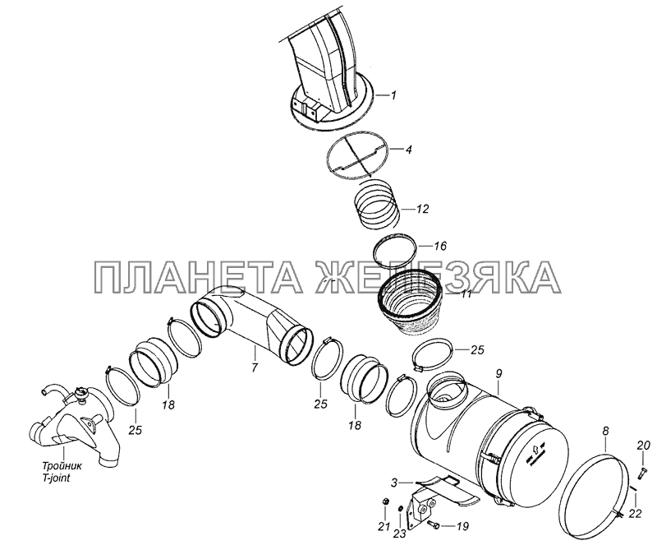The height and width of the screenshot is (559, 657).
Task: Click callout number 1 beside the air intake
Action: point(393,95)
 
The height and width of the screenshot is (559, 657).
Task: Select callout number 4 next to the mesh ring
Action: point(408,150)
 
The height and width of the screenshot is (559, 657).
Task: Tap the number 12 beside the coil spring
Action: point(423,209)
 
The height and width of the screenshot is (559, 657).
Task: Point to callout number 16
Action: point(440,246)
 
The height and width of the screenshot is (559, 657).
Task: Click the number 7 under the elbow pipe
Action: point(255,367)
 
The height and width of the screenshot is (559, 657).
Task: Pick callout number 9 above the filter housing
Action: point(498,374)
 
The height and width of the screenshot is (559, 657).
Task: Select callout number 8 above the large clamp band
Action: point(605,432)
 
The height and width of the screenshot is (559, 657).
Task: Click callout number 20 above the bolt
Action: point(644,446)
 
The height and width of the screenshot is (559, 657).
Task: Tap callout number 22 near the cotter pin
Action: point(635,513)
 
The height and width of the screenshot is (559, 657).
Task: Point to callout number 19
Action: point(462,527)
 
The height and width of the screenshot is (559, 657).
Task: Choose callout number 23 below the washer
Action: point(400,534)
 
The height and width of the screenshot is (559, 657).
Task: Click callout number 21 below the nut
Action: point(384,527)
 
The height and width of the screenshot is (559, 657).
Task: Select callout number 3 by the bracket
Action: point(394,483)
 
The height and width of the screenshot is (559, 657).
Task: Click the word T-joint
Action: point(56,478)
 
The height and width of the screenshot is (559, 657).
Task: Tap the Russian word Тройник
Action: point(62,466)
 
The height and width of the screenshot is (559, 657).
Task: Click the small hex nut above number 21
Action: point(386,501)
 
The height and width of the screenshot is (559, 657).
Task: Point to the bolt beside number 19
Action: point(434,524)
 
